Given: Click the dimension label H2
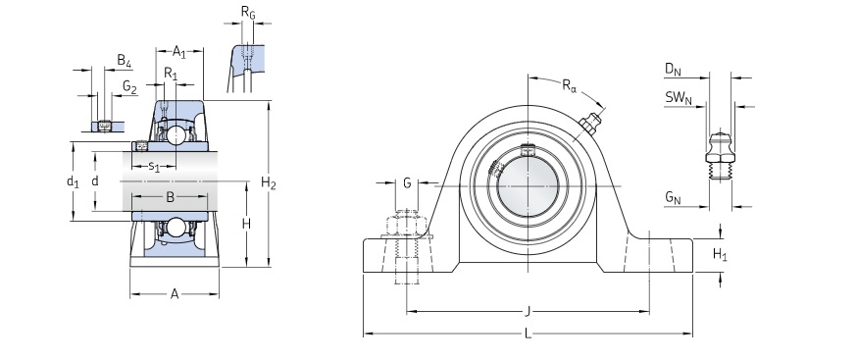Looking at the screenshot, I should point(268,183).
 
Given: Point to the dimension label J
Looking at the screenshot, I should point(529,311).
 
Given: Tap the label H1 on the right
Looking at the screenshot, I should point(719,254).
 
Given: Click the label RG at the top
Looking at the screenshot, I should point(248,13).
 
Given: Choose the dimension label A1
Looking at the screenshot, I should point(179,51).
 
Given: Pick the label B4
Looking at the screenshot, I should point(124,61).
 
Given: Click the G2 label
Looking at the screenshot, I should point(129,86).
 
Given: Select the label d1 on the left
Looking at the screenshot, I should point(72,181).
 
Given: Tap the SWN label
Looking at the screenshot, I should point(678,97).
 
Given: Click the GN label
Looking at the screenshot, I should point(672,199).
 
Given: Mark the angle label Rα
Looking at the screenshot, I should point(569,85).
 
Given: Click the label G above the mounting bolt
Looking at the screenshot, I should point(407,183).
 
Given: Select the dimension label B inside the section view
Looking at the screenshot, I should point(170,197).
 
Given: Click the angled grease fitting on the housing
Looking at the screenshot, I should point(588,125).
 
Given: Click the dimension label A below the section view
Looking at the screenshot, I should point(175,293).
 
